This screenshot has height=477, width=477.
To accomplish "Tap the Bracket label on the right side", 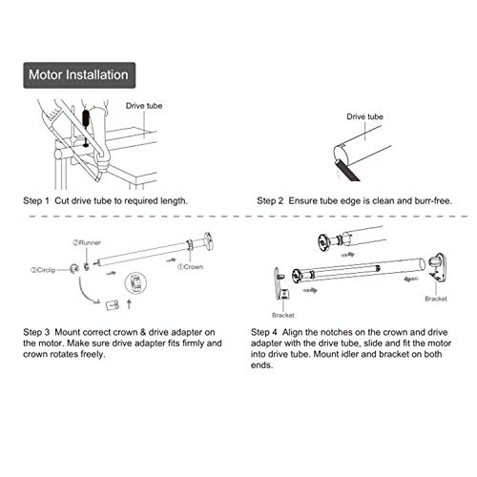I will pyautogui.click(x=436, y=299).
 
